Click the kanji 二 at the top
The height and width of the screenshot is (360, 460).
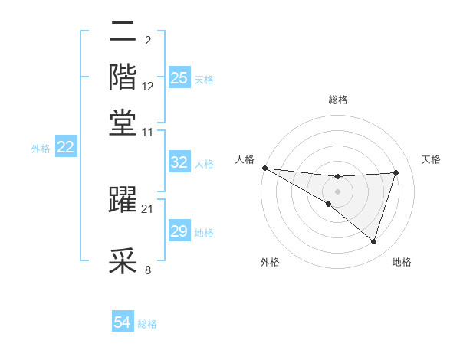[x=123, y=34]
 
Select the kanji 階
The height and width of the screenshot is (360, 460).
[x=123, y=77]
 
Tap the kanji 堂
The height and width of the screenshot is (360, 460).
[x=123, y=122]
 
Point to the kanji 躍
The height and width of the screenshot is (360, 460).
[x=123, y=199]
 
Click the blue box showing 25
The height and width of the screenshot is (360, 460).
[x=179, y=78]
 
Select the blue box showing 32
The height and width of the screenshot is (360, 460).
[x=179, y=162]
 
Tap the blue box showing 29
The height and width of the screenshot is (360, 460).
[x=179, y=231]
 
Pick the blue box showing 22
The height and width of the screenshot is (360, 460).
[x=65, y=147]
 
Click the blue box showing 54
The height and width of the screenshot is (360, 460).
[x=122, y=323]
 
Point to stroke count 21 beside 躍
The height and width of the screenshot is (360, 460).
[x=148, y=208]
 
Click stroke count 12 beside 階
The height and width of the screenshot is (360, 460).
[x=148, y=87]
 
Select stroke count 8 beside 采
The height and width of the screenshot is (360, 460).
[x=148, y=270]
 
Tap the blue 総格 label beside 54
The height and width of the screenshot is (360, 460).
[x=147, y=324]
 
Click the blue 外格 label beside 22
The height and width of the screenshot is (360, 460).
[x=41, y=148]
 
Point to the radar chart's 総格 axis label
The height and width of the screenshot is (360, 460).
[x=337, y=100]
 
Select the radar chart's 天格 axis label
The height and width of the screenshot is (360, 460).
[x=432, y=159]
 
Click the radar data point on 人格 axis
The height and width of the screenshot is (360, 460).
[x=264, y=167]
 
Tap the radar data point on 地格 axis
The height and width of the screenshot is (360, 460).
[x=374, y=242]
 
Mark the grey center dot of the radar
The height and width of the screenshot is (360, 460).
[x=337, y=191]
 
